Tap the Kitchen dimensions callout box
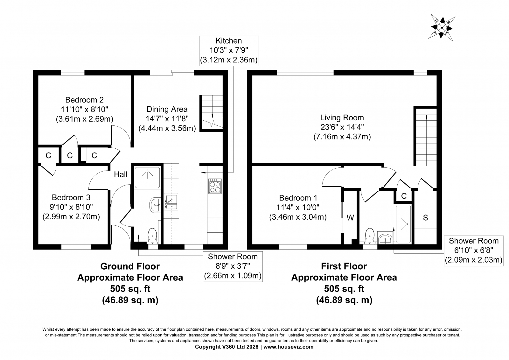(x=229, y=51)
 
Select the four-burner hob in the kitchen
(x=215, y=186)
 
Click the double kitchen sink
(x=171, y=202)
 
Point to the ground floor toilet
(x=152, y=236)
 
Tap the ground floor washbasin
(x=155, y=205)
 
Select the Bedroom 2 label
(x=85, y=109)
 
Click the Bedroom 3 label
(x=71, y=207)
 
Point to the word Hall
(x=121, y=174)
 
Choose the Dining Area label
(x=167, y=119)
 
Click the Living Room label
(x=342, y=127)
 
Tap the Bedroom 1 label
(x=298, y=208)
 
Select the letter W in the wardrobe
(x=350, y=218)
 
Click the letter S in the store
(x=425, y=218)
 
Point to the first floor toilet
(x=370, y=236)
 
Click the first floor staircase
(x=426, y=137)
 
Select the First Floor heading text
(x=344, y=266)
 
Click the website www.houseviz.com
(x=288, y=347)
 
